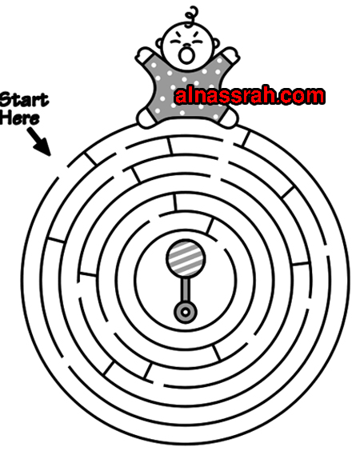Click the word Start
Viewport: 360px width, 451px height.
coord(24,100)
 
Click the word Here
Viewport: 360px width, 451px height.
coord(19,118)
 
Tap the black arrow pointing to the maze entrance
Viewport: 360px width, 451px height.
coord(39,142)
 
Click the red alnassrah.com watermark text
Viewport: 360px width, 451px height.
coord(250,95)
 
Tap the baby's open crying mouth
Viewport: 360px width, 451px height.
coord(186,55)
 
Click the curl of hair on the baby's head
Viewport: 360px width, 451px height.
coord(191,17)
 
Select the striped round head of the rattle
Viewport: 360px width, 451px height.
coord(186,257)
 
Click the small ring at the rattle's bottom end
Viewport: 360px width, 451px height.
coord(186,312)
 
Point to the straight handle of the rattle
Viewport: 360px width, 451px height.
coord(186,289)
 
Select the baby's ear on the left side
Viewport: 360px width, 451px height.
coord(159,43)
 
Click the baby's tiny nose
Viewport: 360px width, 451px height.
coord(187,45)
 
